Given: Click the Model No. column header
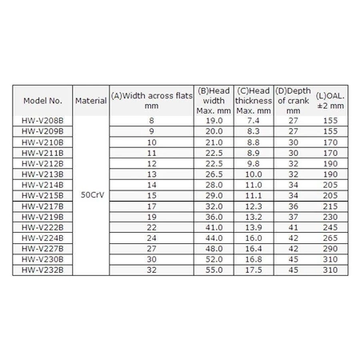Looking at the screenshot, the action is pyautogui.click(x=43, y=102).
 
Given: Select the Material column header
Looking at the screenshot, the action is pyautogui.click(x=90, y=102).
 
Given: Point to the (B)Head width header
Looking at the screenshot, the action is pyautogui.click(x=214, y=102).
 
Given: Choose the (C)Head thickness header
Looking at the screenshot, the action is pyautogui.click(x=253, y=102).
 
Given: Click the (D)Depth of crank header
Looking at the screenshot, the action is pyautogui.click(x=292, y=102).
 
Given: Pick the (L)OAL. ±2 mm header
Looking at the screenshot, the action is pyautogui.click(x=330, y=102).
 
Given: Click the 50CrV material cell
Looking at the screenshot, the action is pyautogui.click(x=90, y=194).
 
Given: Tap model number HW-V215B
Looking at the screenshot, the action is pyautogui.click(x=43, y=194).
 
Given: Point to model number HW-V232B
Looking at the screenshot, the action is pyautogui.click(x=43, y=271).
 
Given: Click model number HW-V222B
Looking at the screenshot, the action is pyautogui.click(x=43, y=227).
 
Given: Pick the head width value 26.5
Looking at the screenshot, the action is pyautogui.click(x=214, y=173).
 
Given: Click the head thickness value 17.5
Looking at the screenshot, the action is pyautogui.click(x=253, y=271).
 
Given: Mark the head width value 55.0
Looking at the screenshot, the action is pyautogui.click(x=214, y=271).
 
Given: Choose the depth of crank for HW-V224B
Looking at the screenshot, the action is pyautogui.click(x=292, y=238).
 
